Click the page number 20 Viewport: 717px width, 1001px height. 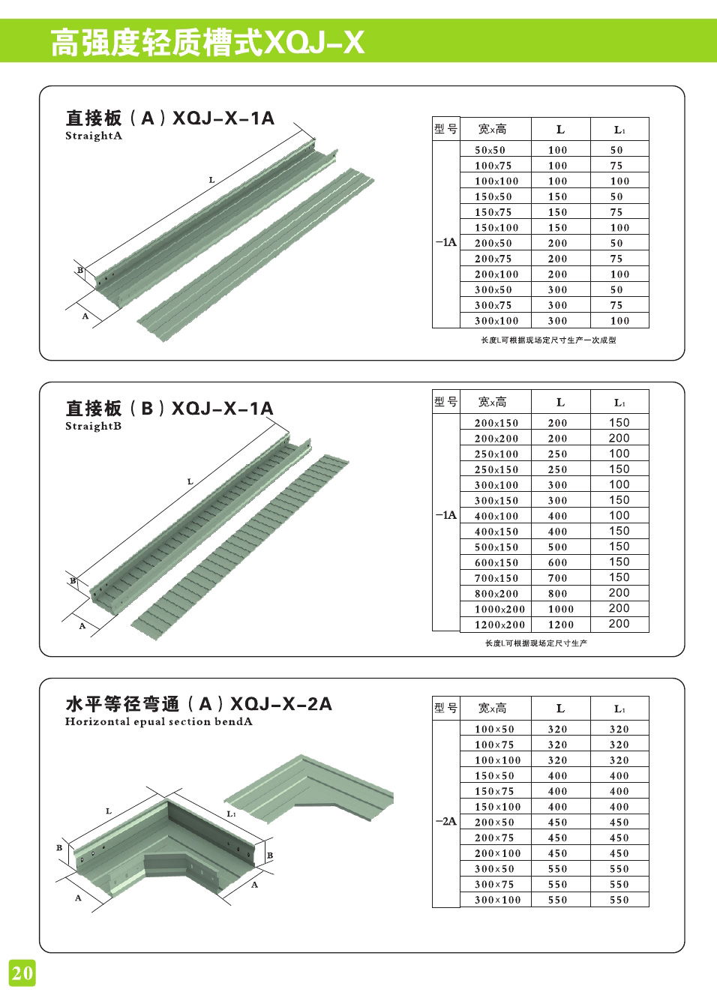(x=22, y=973)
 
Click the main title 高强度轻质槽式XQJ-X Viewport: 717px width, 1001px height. (x=207, y=42)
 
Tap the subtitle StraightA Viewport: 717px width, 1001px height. (x=93, y=136)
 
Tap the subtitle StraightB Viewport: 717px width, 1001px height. (x=93, y=426)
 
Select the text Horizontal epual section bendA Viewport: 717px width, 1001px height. (x=158, y=721)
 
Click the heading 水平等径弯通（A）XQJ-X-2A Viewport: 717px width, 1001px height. (x=199, y=703)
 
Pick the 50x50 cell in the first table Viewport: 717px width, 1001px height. (x=490, y=150)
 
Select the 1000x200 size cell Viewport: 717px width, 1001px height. (x=499, y=609)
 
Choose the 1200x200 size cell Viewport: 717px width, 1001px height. (x=499, y=625)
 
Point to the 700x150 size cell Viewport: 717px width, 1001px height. (x=496, y=578)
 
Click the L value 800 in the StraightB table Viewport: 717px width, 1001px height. (x=557, y=594)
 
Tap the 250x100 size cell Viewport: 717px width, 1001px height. (x=496, y=454)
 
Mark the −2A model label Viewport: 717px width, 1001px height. (x=445, y=821)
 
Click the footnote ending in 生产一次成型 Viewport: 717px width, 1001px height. (x=548, y=340)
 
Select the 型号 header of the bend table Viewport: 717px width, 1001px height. (x=445, y=707)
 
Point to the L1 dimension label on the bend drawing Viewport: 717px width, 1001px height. (x=231, y=814)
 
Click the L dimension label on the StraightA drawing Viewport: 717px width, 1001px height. (x=211, y=180)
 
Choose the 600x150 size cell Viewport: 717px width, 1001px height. (x=496, y=562)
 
